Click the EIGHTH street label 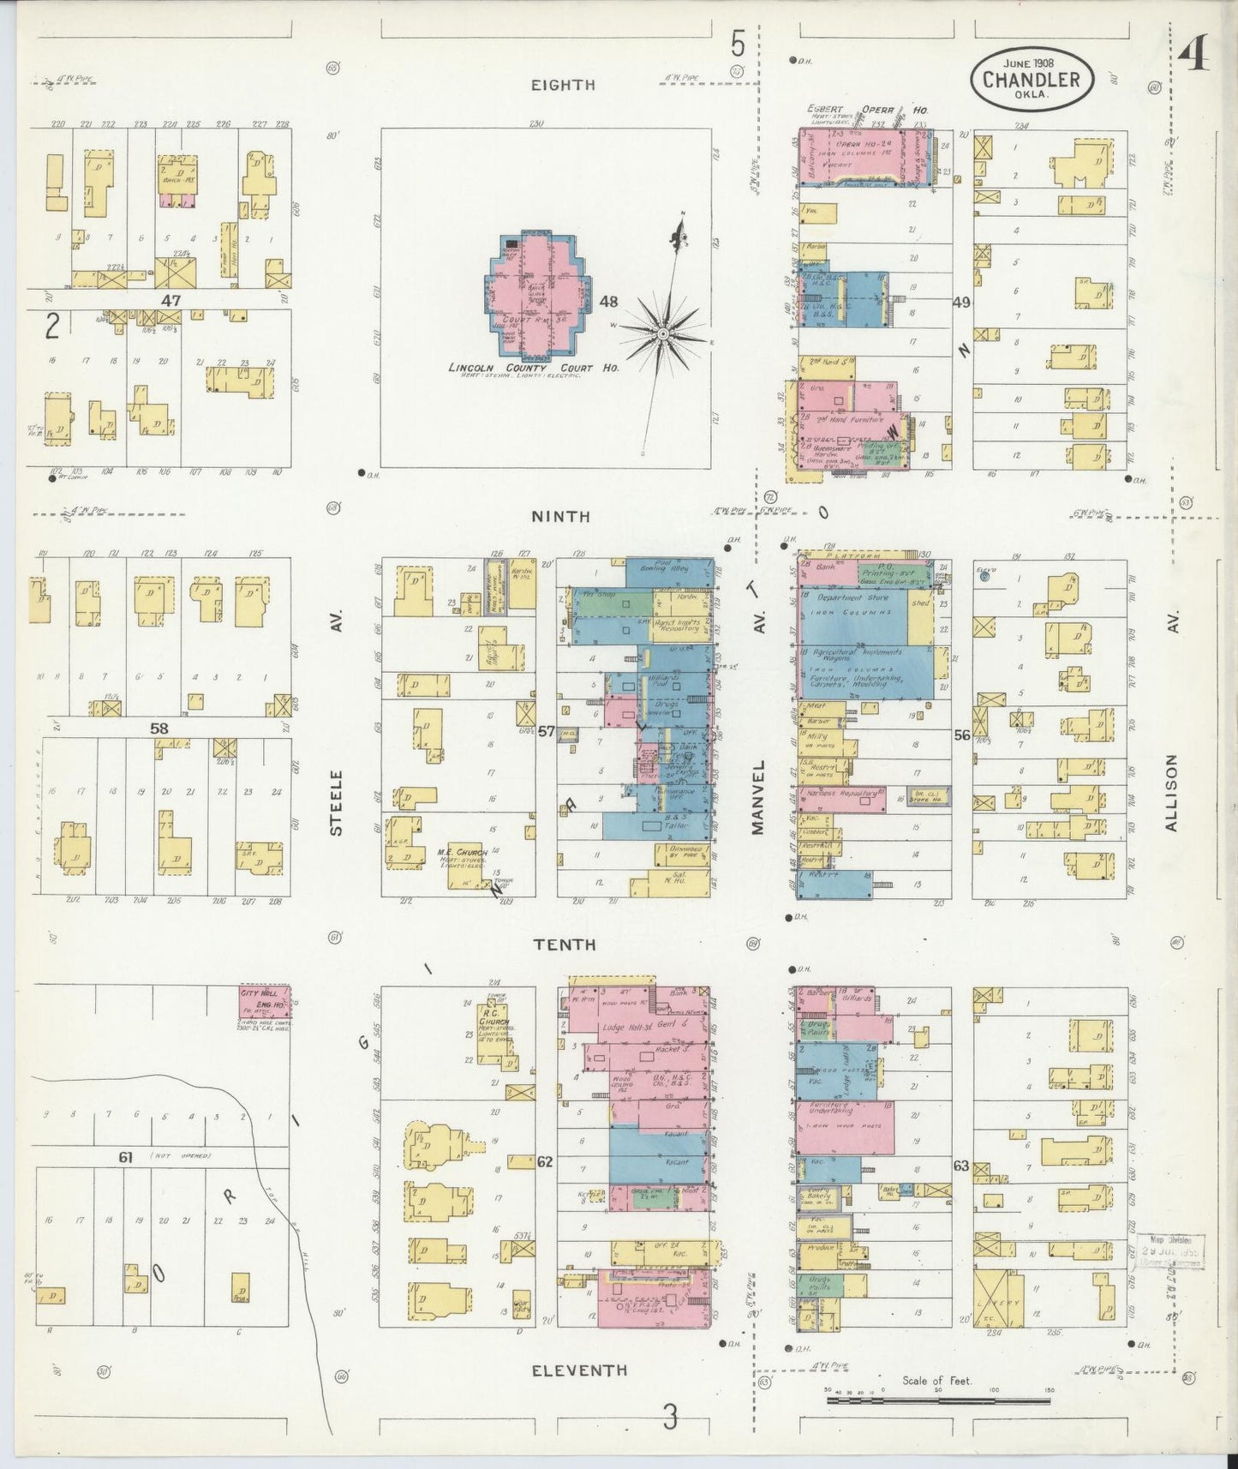(562, 84)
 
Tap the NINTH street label (560, 516)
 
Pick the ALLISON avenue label (1172, 793)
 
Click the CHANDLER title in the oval (1032, 80)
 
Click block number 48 (608, 302)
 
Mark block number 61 (127, 1158)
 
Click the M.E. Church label (462, 852)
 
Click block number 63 (960, 1165)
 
